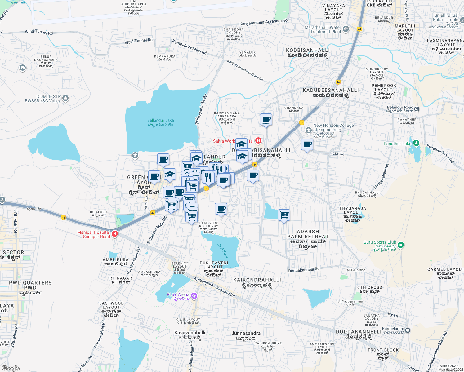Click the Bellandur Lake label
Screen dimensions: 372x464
click(160, 122)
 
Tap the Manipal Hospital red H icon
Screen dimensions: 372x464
click(114, 234)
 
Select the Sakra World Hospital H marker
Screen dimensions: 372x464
click(258, 141)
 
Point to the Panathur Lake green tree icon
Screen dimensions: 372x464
click(416, 143)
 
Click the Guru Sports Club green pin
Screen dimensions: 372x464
click(400, 245)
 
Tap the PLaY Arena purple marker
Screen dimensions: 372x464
click(194, 295)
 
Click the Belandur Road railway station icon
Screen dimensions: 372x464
click(417, 109)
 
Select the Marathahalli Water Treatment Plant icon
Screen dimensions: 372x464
click(346, 29)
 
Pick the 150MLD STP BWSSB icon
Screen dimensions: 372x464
click(65, 99)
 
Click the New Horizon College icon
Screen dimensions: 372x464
click(308, 130)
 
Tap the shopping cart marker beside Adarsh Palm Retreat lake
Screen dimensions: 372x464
click(284, 215)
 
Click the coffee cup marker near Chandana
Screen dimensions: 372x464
click(266, 119)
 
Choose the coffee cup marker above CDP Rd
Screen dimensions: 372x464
click(307, 144)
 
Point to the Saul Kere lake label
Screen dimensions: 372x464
click(223, 250)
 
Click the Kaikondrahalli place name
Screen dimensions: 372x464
click(257, 280)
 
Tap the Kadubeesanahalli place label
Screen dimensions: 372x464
click(331, 90)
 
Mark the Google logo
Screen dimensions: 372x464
click(10, 368)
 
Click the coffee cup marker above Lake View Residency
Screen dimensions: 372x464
click(221, 209)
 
